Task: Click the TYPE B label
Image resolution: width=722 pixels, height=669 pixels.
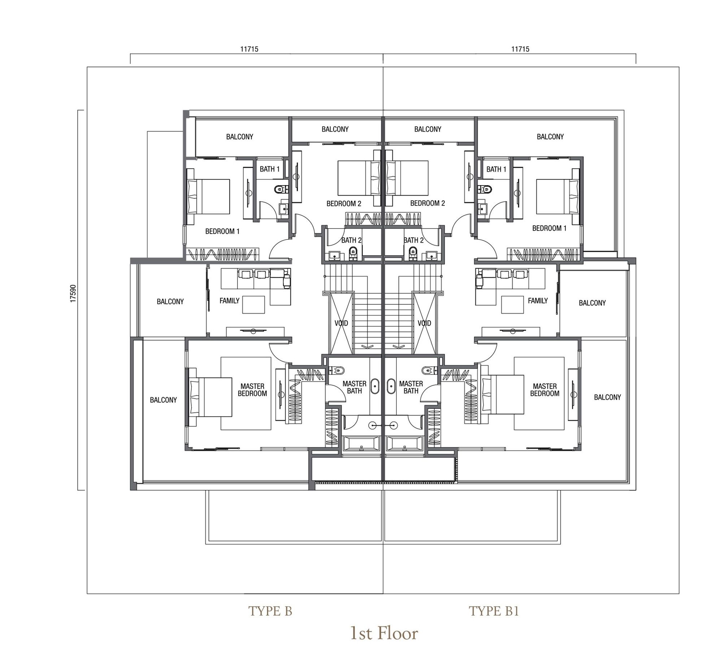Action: (x=270, y=611)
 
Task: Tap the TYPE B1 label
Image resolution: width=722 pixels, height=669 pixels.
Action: (x=494, y=611)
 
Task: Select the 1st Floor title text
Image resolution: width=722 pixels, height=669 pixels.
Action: (x=384, y=633)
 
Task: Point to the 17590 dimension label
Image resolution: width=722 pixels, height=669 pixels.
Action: (x=73, y=293)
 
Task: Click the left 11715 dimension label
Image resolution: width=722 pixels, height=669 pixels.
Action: (x=249, y=49)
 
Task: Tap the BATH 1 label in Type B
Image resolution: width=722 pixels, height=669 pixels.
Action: (x=270, y=169)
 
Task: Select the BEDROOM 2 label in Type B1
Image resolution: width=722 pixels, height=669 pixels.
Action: (x=427, y=203)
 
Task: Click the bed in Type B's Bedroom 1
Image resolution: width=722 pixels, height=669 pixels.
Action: (x=209, y=196)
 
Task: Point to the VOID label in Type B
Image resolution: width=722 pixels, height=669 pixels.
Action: (x=341, y=323)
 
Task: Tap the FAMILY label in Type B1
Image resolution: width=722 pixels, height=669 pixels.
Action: (x=538, y=300)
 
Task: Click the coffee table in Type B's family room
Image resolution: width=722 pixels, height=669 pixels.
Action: (x=253, y=304)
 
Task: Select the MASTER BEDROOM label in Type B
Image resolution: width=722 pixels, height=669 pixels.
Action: (x=252, y=390)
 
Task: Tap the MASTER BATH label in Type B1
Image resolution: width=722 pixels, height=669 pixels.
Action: (x=411, y=387)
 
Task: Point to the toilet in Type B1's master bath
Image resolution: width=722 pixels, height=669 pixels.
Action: (x=427, y=370)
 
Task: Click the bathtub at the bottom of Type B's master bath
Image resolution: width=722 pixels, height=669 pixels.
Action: (x=361, y=443)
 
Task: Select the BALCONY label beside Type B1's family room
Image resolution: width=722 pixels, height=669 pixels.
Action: (x=592, y=303)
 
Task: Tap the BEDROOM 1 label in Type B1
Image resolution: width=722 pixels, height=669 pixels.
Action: (x=549, y=228)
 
